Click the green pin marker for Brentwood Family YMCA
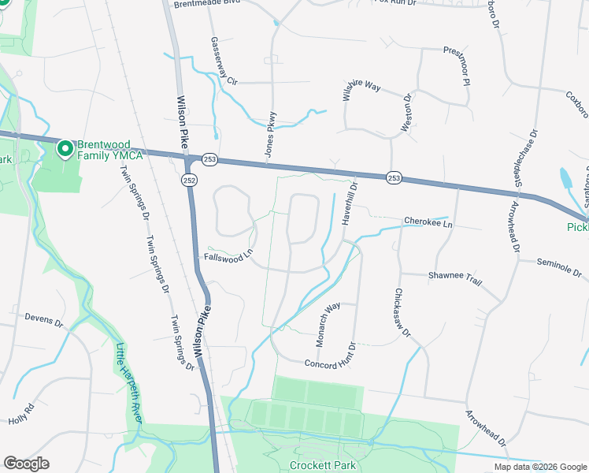point(64,147)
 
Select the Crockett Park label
point(320,465)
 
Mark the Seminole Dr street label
point(558,267)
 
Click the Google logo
point(26,464)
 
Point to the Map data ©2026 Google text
point(540,467)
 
